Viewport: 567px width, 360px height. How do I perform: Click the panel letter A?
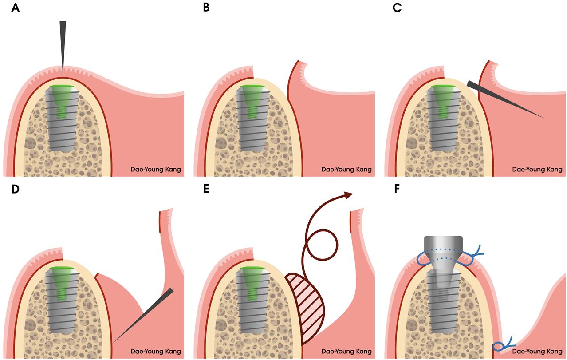click(16, 8)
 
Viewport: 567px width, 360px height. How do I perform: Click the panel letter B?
click(206, 8)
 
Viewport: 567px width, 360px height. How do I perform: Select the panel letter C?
click(398, 8)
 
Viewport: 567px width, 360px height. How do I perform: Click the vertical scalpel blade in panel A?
click(63, 44)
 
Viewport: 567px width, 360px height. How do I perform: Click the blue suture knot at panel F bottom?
click(504, 344)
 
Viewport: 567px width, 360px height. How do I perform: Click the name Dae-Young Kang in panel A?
click(156, 170)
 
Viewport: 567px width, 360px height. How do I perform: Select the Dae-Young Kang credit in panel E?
click(346, 351)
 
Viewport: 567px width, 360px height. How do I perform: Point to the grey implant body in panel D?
click(62, 311)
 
